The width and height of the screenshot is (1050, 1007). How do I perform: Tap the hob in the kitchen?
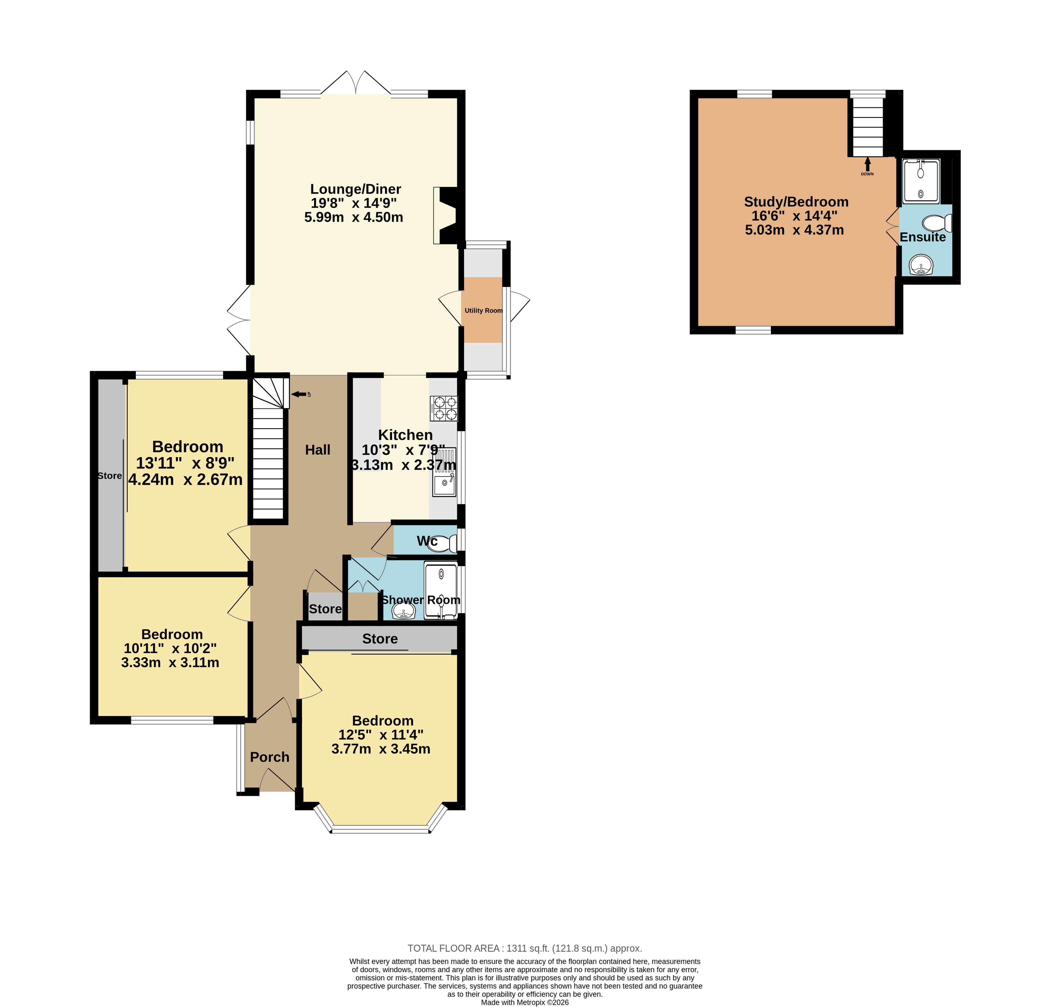444,408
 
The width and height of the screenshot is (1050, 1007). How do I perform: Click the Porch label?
269,757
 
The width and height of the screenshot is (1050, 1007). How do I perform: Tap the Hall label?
318,450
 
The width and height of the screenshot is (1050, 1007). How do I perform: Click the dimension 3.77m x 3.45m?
381,749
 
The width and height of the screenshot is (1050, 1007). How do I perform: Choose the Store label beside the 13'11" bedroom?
110,476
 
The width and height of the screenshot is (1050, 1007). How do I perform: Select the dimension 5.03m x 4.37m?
795,230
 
